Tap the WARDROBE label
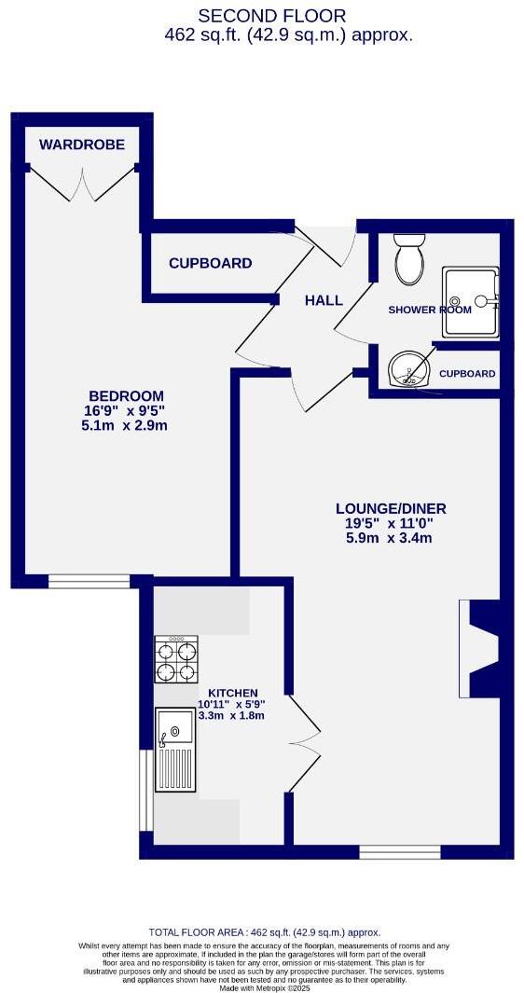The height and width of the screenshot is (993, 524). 82,144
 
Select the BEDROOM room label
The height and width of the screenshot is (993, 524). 126,395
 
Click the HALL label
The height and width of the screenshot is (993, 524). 324,300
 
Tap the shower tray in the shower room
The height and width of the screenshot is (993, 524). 471,301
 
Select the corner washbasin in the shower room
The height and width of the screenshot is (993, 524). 407,370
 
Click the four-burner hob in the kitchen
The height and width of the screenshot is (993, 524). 176,660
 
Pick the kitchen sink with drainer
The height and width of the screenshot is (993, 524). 175,750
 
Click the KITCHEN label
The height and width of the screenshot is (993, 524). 232,693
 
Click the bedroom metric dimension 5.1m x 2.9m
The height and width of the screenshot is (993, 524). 125,425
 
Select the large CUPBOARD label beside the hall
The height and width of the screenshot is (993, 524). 210,263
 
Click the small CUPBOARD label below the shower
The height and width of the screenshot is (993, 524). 466,374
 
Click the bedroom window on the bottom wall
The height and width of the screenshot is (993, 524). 90,582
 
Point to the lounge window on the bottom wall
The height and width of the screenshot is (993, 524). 399,851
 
